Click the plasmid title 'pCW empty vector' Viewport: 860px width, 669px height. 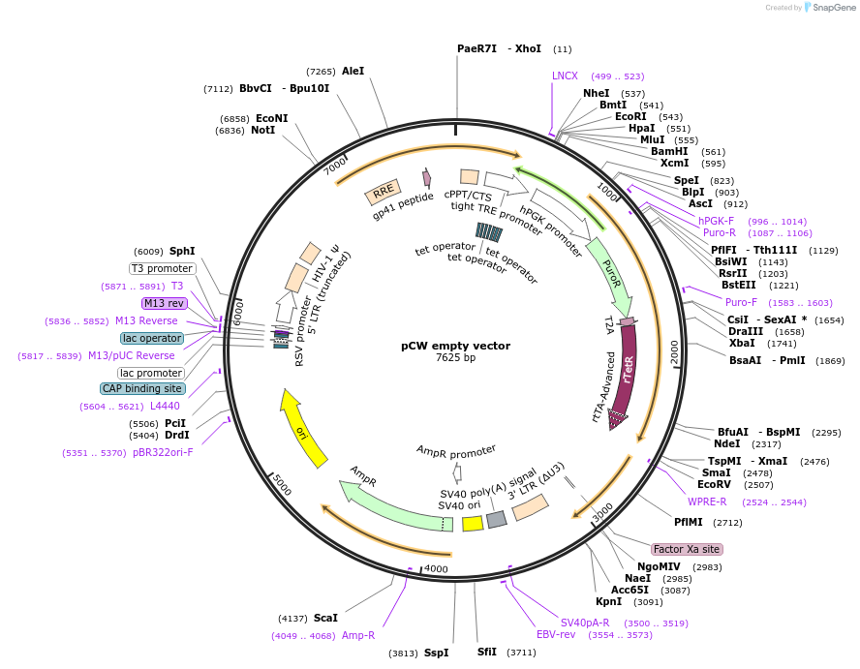coord(455,346)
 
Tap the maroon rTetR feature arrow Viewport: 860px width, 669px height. coord(627,373)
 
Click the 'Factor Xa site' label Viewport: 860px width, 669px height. coord(687,549)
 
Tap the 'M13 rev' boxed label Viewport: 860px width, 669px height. coord(164,303)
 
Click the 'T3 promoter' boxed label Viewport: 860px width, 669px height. coord(162,268)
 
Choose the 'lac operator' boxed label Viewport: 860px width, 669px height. coord(152,338)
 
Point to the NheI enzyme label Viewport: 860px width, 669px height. coord(596,93)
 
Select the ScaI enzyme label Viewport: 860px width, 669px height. coord(325,618)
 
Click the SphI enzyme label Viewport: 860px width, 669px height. coord(182,251)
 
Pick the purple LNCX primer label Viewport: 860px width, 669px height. coord(565,76)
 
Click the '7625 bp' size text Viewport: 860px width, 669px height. coord(455,358)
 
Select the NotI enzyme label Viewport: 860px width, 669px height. coord(262,130)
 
